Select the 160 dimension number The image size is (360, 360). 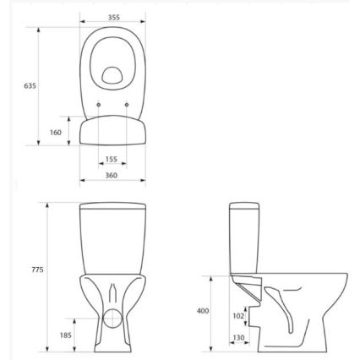pyautogui.click(x=56, y=132)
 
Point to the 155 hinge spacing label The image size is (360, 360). pyautogui.click(x=112, y=159)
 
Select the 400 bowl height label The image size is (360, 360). pyautogui.click(x=202, y=311)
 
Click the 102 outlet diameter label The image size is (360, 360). pyautogui.click(x=238, y=317)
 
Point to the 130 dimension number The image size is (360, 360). pyautogui.click(x=238, y=338)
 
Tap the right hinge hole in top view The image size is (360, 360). pyautogui.click(x=128, y=105)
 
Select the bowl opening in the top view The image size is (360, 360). pyautogui.click(x=114, y=76)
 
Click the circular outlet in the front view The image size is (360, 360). pyautogui.click(x=112, y=319)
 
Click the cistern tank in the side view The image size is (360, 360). pyautogui.click(x=242, y=241)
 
